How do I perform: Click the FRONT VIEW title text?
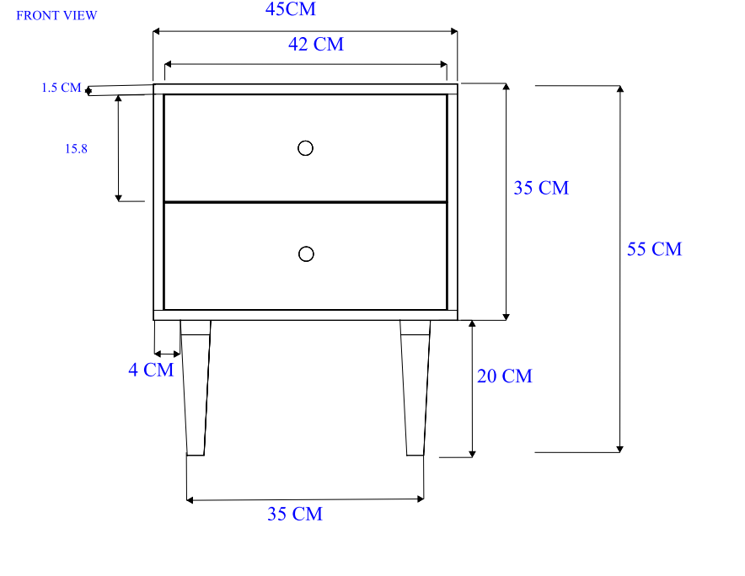pyautogui.click(x=56, y=15)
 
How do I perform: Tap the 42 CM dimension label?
pyautogui.click(x=316, y=45)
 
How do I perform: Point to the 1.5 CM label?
pyautogui.click(x=61, y=88)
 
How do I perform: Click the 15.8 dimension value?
pyautogui.click(x=76, y=148)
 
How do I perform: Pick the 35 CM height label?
pyautogui.click(x=541, y=188)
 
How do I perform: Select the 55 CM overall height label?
pyautogui.click(x=654, y=249)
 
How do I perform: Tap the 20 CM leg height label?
pyautogui.click(x=505, y=376)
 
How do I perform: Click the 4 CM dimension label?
pyautogui.click(x=151, y=370)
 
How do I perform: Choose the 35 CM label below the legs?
pyautogui.click(x=295, y=514)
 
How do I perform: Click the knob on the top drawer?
pyautogui.click(x=306, y=148)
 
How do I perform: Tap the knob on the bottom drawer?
pyautogui.click(x=306, y=253)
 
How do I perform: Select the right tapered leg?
pyautogui.click(x=415, y=387)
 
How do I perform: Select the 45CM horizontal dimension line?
pyautogui.click(x=379, y=32)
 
